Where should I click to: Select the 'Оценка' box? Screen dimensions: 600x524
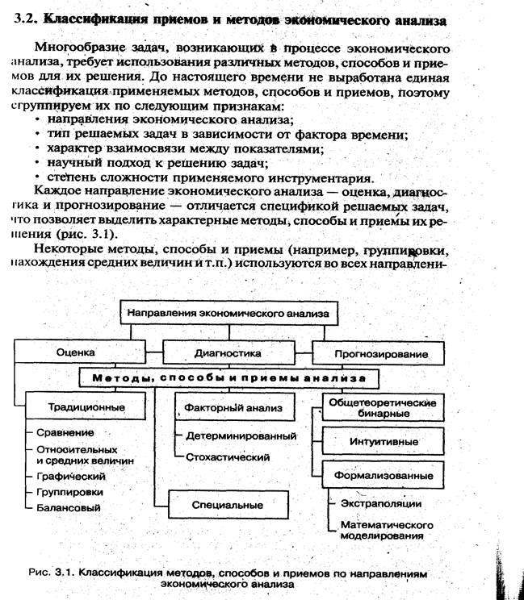pyautogui.click(x=76, y=352)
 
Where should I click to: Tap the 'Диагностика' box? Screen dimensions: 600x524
pyautogui.click(x=227, y=352)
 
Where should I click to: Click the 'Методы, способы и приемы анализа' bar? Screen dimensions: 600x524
pyautogui.click(x=228, y=377)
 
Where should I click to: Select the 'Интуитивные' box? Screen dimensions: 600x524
pyautogui.click(x=381, y=442)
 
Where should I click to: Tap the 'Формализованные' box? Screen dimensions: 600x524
pyautogui.click(x=383, y=475)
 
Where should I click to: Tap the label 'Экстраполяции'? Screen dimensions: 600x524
pyautogui.click(x=386, y=503)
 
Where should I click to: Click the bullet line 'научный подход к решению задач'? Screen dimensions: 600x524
pyautogui.click(x=147, y=163)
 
